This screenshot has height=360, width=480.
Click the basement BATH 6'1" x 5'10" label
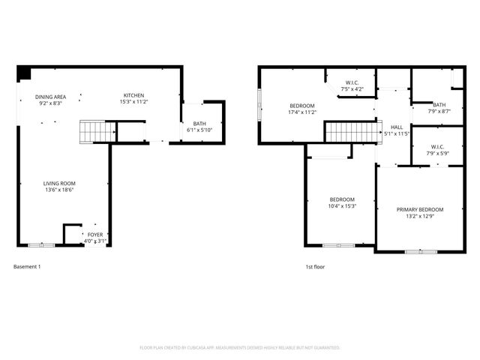coord(199,127)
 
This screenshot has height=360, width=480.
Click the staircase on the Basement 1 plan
coord(96,132)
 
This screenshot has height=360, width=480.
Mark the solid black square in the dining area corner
coord(24,73)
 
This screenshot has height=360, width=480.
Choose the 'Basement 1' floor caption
coord(27,266)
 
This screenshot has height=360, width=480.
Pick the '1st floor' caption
coord(314,266)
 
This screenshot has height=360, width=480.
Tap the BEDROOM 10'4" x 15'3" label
coord(342,202)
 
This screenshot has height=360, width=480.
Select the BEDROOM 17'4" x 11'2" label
coord(302,109)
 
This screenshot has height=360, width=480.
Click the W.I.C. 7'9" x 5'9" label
coord(438,150)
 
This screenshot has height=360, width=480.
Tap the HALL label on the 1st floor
coord(397,130)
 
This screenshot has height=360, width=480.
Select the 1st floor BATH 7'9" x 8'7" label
coord(439,108)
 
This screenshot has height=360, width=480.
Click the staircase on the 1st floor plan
coord(349,133)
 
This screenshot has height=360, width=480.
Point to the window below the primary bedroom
coord(421,252)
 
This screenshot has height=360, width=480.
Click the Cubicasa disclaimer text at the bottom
coord(240,348)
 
